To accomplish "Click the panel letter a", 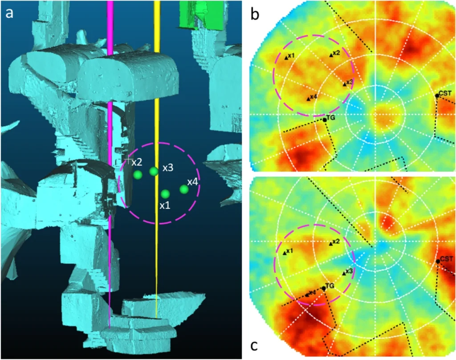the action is point(9,13).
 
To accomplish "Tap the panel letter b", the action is point(255,14).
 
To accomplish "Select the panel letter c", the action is point(254,345).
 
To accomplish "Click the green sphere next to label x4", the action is point(184,189).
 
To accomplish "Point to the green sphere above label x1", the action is point(165,194).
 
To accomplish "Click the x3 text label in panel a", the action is point(168,168).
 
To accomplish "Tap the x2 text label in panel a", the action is point(137,162).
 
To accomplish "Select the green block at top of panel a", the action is point(202,14).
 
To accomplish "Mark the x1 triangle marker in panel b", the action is point(286,58).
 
